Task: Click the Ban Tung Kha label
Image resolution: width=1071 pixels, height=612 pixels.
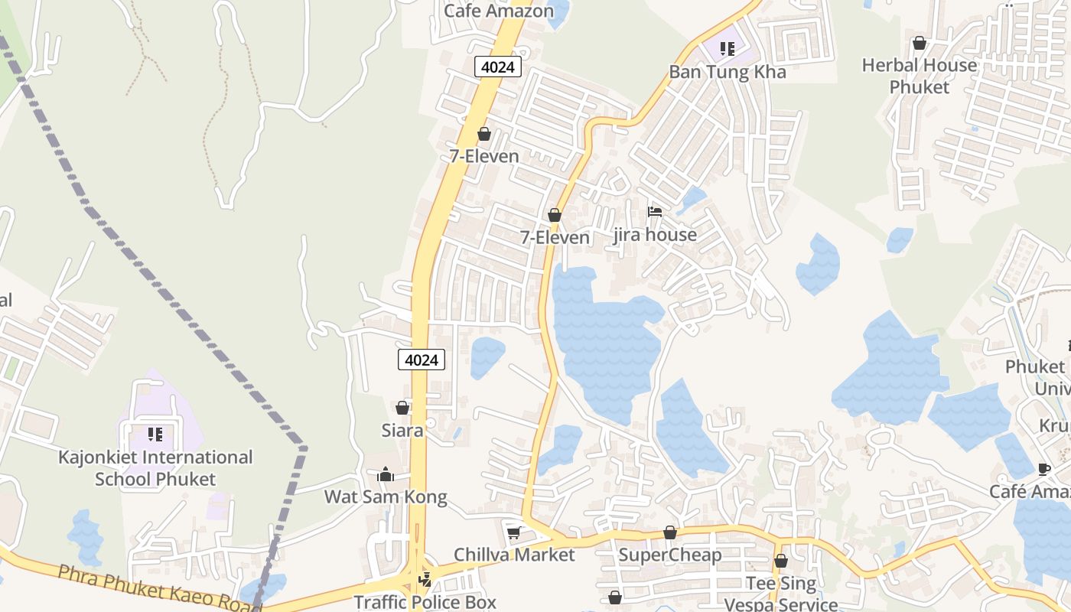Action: (728, 72)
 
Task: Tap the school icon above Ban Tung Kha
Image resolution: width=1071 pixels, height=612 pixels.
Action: (727, 49)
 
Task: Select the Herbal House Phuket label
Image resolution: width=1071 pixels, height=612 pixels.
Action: (919, 76)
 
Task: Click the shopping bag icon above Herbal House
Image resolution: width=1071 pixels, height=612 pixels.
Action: (919, 44)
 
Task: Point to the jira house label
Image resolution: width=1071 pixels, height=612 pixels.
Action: (655, 235)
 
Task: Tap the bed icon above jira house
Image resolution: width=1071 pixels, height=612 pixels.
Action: (654, 212)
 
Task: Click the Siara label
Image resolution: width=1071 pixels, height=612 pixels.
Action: (402, 430)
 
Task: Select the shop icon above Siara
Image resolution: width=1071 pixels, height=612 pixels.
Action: (402, 408)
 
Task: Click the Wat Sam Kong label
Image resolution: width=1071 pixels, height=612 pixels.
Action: (386, 496)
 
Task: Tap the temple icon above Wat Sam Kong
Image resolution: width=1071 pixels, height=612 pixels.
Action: (386, 475)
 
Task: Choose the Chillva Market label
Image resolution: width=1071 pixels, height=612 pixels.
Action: (514, 555)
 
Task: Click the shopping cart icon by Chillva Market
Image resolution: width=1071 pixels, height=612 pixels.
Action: (514, 532)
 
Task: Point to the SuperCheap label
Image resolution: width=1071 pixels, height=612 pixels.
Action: (670, 555)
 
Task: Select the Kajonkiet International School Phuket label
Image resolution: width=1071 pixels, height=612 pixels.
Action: (155, 468)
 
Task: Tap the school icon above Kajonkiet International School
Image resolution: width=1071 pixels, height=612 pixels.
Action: (155, 435)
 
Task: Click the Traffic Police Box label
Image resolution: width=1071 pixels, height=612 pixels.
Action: (425, 602)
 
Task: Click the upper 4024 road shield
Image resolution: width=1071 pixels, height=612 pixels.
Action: (498, 67)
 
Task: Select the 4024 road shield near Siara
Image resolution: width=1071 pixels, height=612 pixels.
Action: (422, 360)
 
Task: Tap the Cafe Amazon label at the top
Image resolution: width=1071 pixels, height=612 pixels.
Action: (499, 11)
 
